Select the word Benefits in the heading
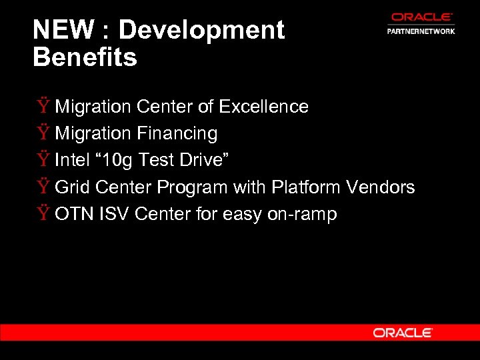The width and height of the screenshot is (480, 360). point(85,57)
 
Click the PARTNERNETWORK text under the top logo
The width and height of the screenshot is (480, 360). point(421,31)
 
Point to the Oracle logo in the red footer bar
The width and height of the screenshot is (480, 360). point(403,333)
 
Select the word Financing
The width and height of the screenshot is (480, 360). point(177,133)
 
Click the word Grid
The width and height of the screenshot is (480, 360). point(72,187)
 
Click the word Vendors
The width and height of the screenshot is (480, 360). point(381,187)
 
